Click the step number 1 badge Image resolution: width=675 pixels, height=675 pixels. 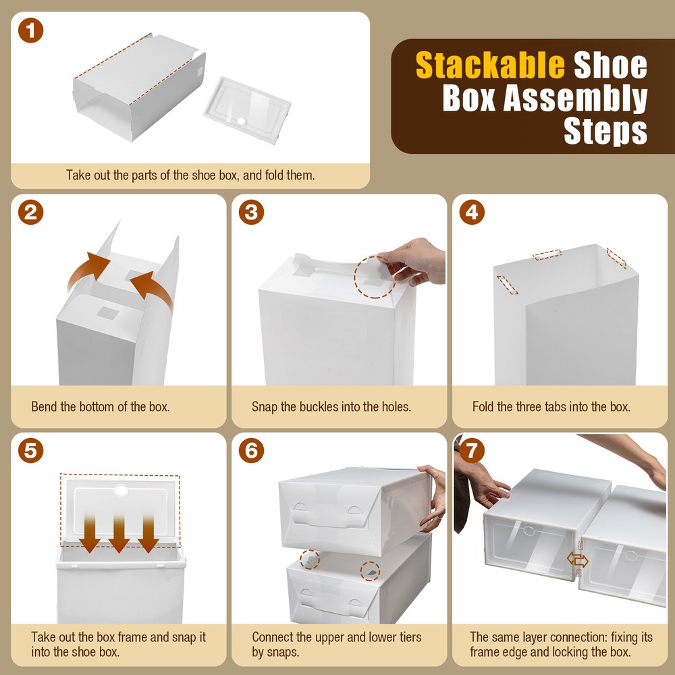(x=30, y=32)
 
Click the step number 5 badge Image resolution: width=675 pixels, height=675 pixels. (x=30, y=450)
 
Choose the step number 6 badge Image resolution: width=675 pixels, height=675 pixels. (x=251, y=450)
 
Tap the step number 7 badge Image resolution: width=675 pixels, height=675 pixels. (x=472, y=450)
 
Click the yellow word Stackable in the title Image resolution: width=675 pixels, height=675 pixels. (x=489, y=65)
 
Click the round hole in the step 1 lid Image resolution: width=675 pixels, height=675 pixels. (x=242, y=121)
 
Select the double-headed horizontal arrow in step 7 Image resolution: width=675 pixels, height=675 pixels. (x=577, y=560)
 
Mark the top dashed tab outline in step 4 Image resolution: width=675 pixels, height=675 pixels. (x=547, y=255)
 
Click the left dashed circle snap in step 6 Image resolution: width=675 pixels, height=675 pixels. (x=310, y=560)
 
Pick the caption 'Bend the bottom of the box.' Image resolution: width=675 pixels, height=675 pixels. (x=100, y=407)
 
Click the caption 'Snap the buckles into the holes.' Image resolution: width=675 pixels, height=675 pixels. (x=331, y=407)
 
